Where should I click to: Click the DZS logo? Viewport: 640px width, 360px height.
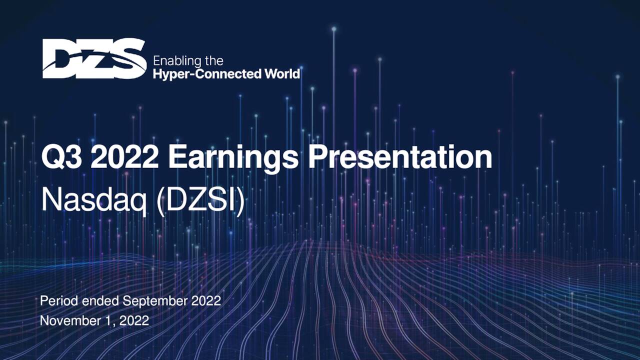pos(94,58)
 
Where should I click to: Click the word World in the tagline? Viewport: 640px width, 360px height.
pos(282,74)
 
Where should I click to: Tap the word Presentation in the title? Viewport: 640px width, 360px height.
pos(400,158)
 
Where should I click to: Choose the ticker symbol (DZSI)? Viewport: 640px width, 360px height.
pos(200,200)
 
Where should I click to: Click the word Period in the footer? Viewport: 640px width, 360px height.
pos(55,301)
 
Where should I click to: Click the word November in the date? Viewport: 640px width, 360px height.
pos(63,320)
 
